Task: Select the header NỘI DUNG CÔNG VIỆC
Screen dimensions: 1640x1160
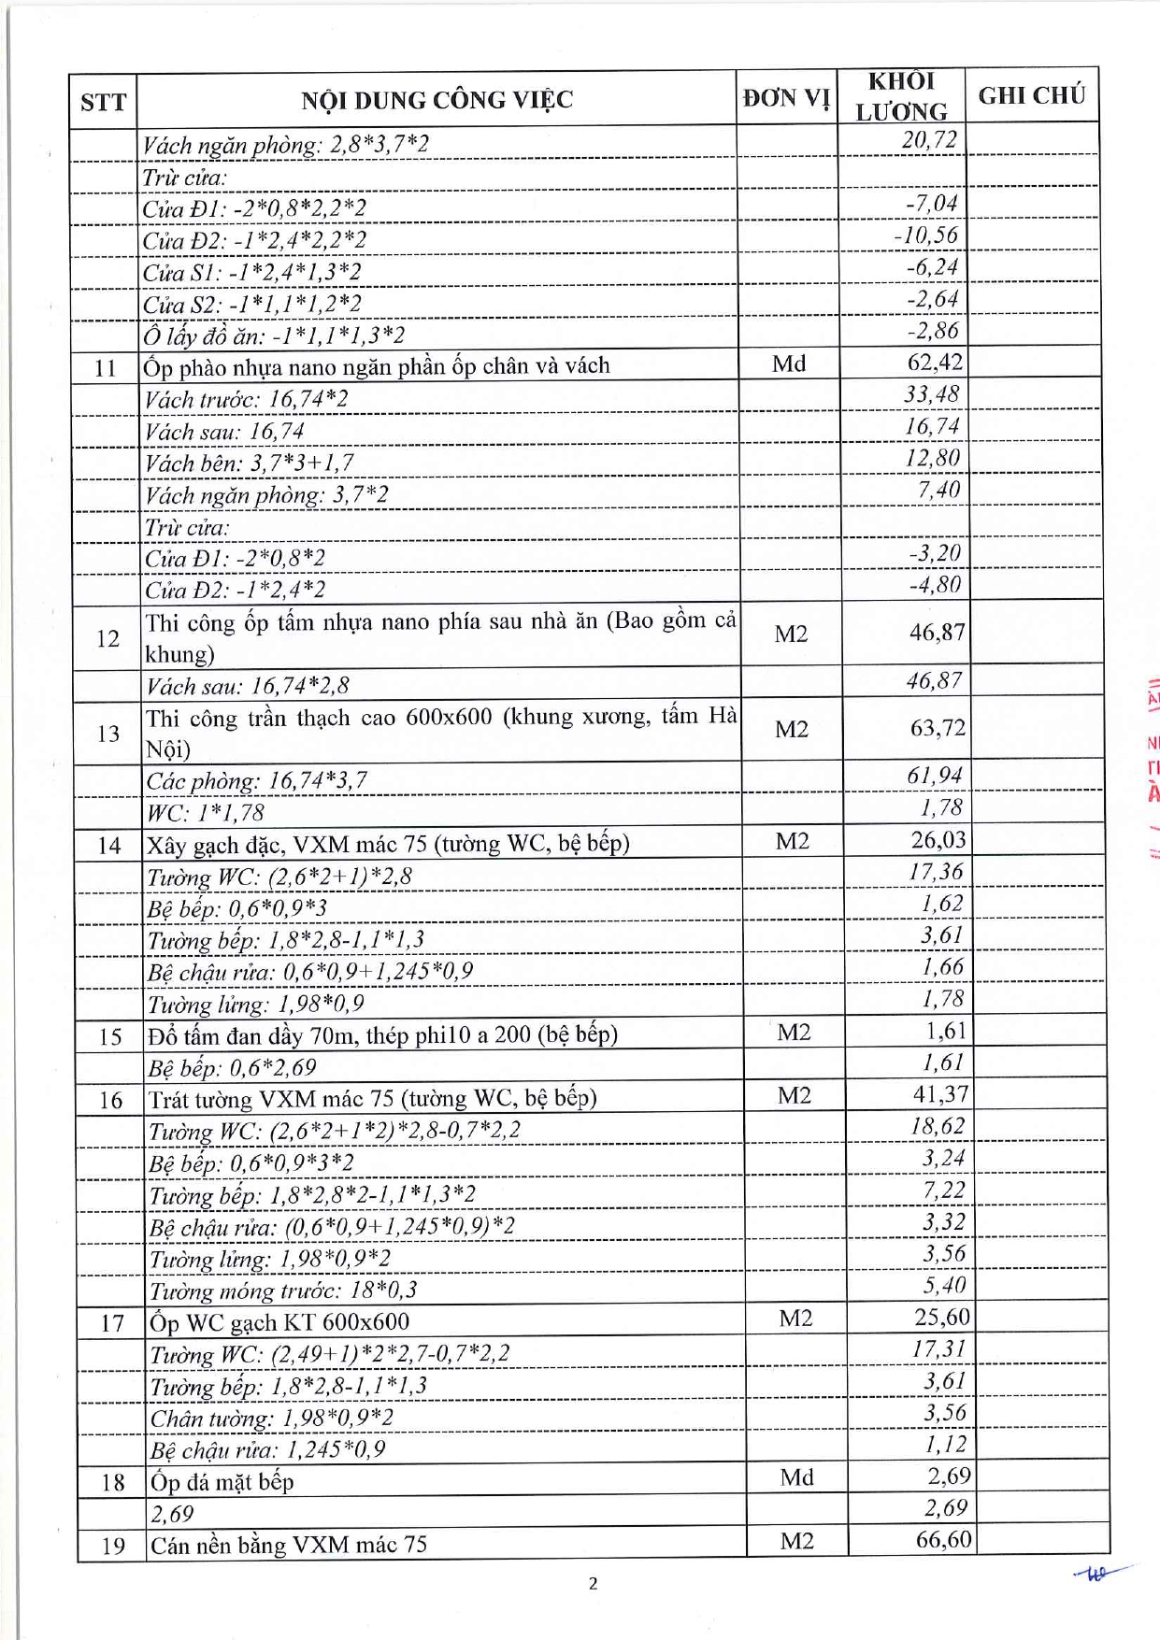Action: tap(437, 100)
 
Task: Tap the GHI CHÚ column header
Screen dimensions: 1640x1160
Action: tap(1031, 95)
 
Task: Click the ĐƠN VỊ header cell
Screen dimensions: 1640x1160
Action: tap(786, 98)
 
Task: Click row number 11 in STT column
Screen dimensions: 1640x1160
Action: tap(105, 368)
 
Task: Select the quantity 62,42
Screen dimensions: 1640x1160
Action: tap(934, 362)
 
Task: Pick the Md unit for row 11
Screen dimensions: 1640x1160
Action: tap(789, 364)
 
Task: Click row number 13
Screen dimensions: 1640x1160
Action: tap(108, 734)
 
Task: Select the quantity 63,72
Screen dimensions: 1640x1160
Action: tap(937, 727)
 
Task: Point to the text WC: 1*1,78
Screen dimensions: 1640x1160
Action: tap(206, 812)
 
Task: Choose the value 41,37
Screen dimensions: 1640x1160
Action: tap(939, 1093)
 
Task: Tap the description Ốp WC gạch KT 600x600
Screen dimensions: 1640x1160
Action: tap(279, 1322)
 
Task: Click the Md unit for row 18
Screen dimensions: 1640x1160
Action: tap(796, 1477)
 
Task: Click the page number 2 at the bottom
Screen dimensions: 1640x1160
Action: tap(593, 1583)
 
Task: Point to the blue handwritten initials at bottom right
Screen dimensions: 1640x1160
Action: tap(1098, 1575)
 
